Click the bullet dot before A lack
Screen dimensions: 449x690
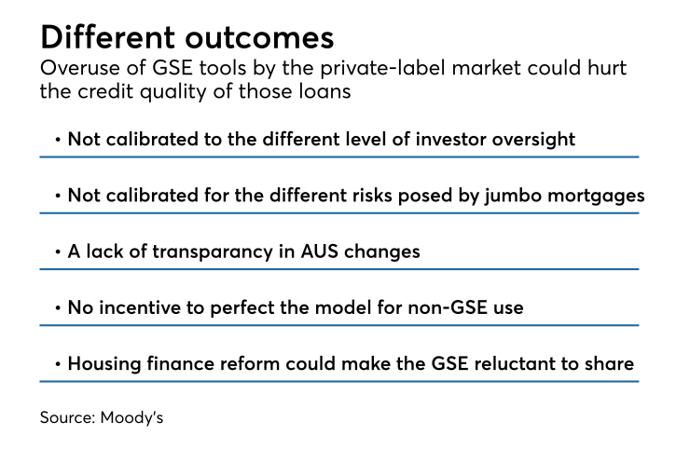[x=58, y=252]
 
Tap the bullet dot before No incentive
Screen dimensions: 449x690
[x=58, y=307]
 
